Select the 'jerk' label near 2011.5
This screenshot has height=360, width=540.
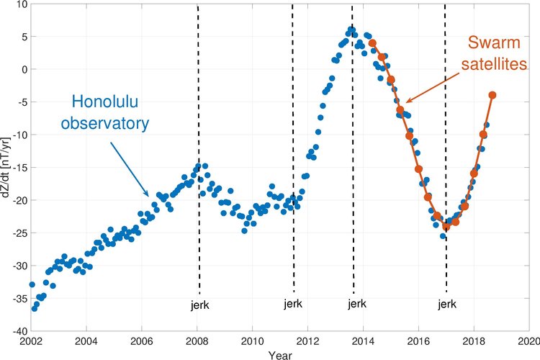[x=294, y=303]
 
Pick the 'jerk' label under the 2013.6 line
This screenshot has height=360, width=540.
[x=357, y=304]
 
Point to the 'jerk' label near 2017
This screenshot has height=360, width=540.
[x=447, y=304]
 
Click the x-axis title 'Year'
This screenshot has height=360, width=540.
[x=280, y=354]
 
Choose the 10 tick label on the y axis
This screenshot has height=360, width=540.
[x=22, y=4]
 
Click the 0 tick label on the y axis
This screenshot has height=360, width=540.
[x=24, y=70]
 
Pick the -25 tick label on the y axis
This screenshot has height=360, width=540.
[x=19, y=233]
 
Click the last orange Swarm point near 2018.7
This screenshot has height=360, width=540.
[x=492, y=95]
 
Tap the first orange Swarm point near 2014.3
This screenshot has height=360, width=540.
[x=372, y=43]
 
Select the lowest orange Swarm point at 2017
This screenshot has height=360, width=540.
[x=446, y=226]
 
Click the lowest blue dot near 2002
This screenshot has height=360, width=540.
[x=34, y=308]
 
